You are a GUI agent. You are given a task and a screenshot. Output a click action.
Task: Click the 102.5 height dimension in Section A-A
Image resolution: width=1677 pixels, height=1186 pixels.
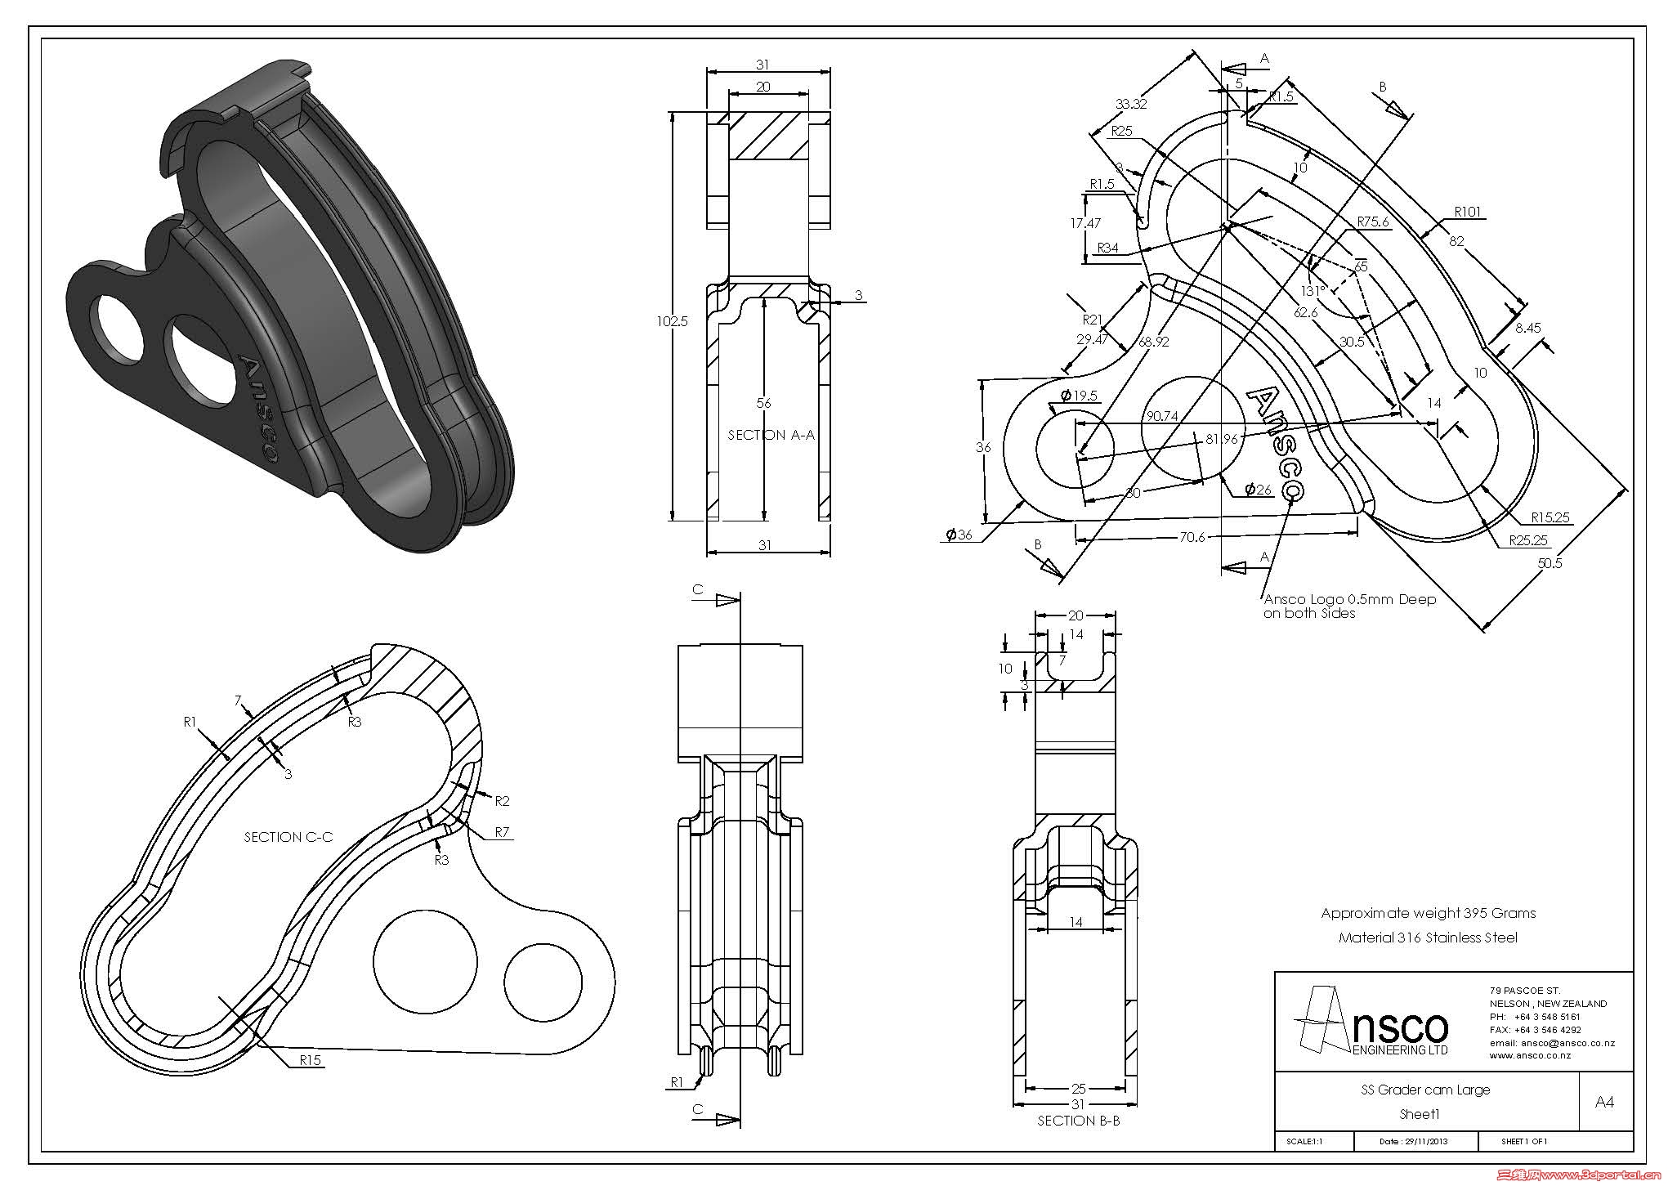coord(672,321)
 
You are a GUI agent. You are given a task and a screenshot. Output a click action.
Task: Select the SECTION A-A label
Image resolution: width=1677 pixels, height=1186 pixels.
coord(771,435)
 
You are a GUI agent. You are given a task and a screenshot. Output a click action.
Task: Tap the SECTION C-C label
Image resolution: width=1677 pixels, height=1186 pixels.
coord(288,837)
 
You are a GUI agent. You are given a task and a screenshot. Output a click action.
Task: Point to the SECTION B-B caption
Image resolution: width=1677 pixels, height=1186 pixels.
coord(1078,1121)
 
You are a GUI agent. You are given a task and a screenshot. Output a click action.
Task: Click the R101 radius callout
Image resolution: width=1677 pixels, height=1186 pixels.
coord(1468,212)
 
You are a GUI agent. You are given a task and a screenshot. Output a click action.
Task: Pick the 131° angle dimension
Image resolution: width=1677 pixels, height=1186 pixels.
coord(1313,291)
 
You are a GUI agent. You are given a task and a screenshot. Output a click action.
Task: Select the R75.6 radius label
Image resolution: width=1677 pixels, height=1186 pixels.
coord(1373,222)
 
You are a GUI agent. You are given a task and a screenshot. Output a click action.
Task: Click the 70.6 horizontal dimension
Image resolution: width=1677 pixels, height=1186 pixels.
coord(1192,537)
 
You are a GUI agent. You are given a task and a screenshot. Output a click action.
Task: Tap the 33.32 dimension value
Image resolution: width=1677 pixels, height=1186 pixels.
coord(1131,104)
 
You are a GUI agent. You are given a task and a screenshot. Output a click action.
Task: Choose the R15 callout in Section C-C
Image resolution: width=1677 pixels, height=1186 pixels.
coord(310,1060)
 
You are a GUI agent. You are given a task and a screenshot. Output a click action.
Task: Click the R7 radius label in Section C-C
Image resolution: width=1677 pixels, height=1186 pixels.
coord(502,832)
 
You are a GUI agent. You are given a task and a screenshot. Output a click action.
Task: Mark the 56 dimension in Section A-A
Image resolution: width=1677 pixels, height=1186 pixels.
coord(763,403)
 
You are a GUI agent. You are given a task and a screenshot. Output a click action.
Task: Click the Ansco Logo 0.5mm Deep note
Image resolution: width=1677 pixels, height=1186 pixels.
coord(1348,606)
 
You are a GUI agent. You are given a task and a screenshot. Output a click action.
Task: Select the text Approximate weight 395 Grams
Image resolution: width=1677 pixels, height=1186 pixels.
coord(1428,913)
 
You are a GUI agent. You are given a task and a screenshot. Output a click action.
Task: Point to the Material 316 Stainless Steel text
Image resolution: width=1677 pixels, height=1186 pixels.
coord(1427,938)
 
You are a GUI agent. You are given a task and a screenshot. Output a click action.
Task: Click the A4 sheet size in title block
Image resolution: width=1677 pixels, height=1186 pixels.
coord(1604,1102)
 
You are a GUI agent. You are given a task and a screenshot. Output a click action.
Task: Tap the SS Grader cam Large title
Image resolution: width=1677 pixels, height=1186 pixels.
coord(1425,1090)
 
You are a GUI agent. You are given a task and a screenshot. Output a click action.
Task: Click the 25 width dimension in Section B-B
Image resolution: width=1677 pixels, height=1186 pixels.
coord(1078,1089)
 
